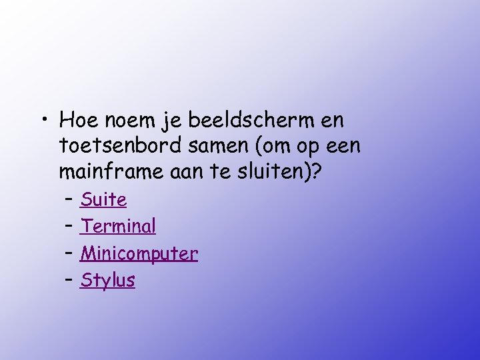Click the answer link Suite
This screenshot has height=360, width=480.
103,199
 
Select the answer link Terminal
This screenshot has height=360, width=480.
118,227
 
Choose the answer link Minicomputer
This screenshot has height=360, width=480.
139,253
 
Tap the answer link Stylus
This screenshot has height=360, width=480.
107,281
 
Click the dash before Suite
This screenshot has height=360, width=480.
69,199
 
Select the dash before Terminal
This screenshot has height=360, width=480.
69,227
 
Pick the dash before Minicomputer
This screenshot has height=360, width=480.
69,253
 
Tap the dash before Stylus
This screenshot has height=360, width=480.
69,281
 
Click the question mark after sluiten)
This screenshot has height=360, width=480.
316,171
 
